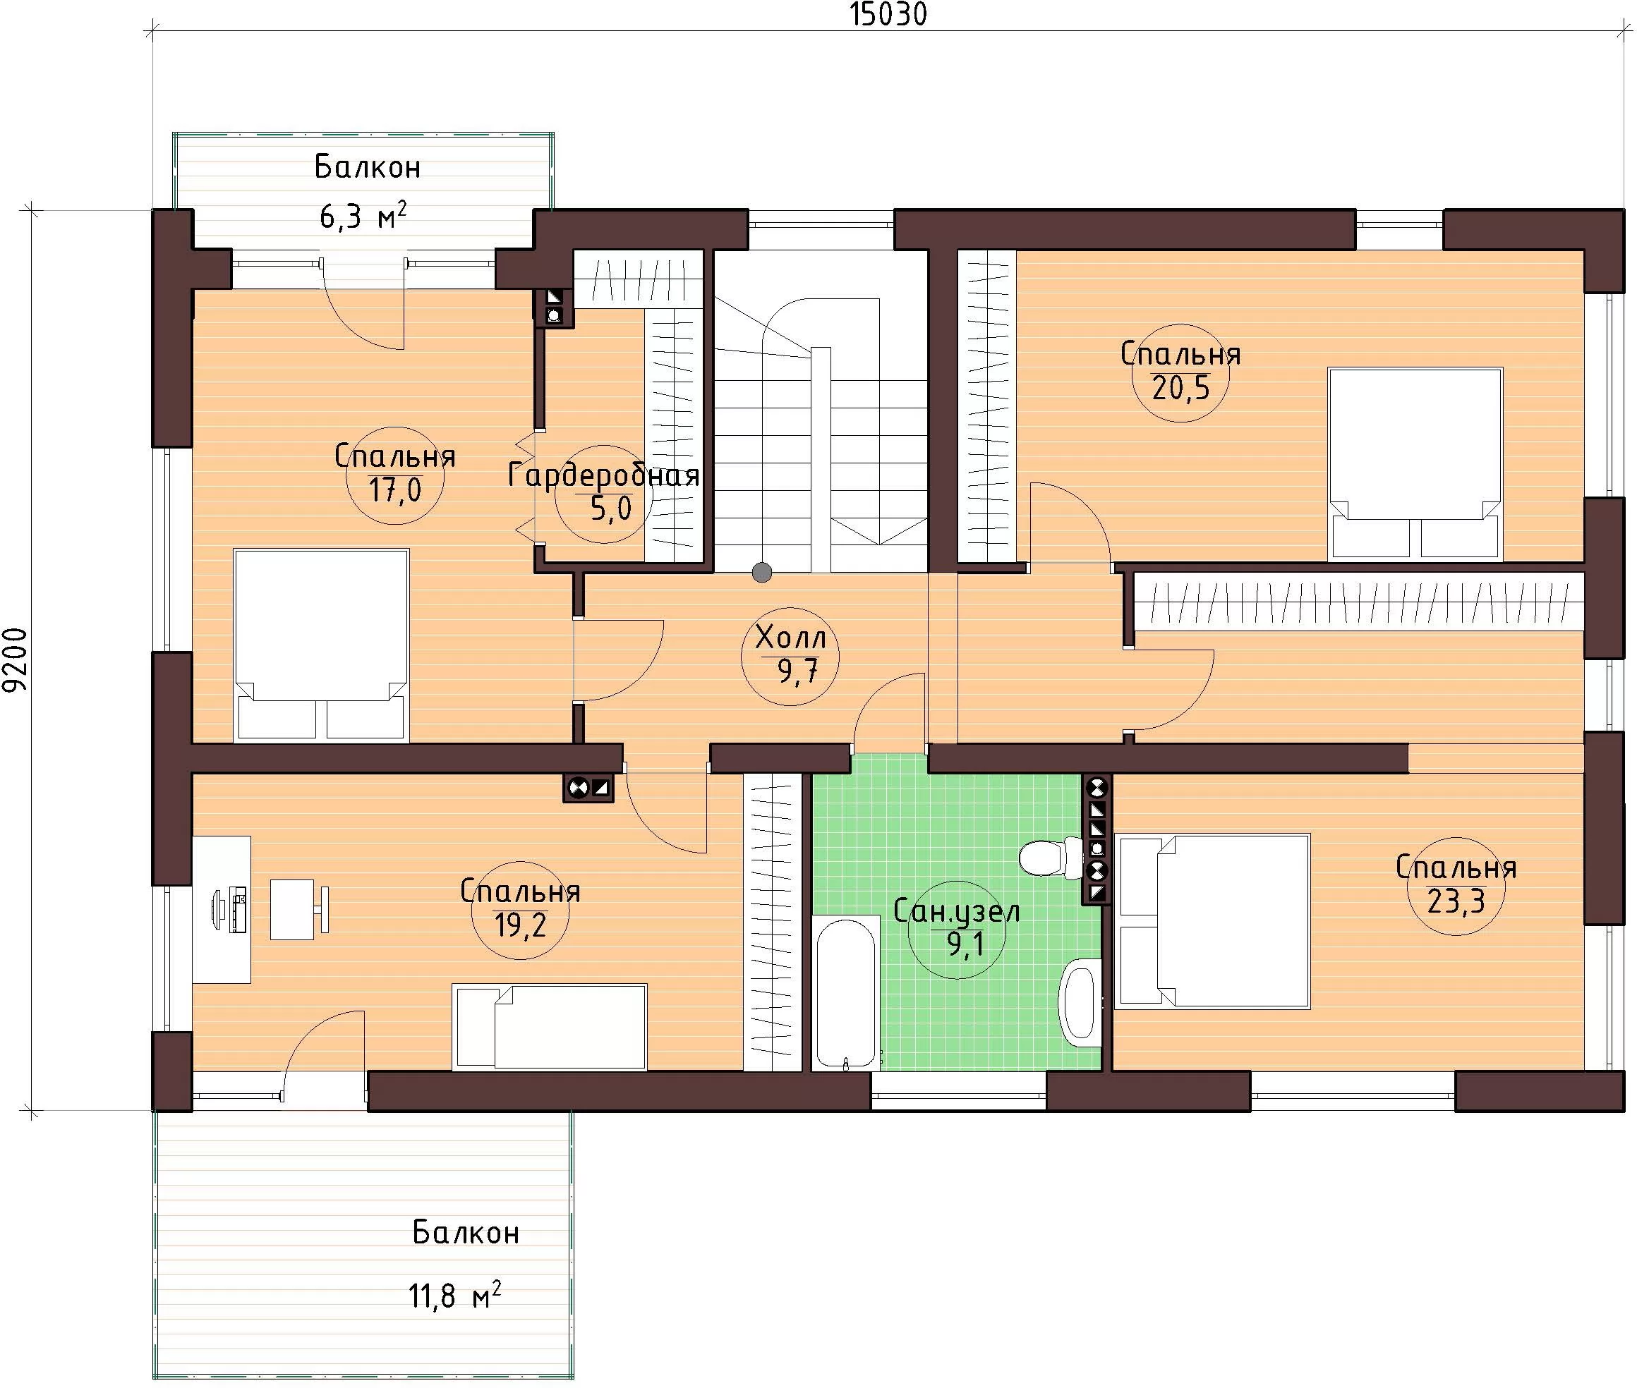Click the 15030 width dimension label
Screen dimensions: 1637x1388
[888, 14]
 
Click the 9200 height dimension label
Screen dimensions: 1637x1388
[14, 659]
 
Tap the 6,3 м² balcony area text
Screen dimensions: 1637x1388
[363, 215]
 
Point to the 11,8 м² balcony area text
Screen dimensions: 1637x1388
[455, 1294]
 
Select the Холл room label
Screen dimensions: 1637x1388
[790, 638]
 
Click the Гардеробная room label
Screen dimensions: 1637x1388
[604, 476]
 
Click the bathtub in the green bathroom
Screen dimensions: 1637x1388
[846, 992]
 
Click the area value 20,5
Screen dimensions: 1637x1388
[1180, 387]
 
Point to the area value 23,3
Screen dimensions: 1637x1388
[1455, 901]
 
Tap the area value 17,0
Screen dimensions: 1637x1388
[395, 490]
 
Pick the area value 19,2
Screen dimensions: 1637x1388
[519, 925]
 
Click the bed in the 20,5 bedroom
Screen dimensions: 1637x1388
[1415, 464]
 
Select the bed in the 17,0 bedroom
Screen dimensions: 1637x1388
[321, 645]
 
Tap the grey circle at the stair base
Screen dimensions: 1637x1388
[762, 572]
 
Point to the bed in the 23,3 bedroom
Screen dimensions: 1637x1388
[1213, 921]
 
